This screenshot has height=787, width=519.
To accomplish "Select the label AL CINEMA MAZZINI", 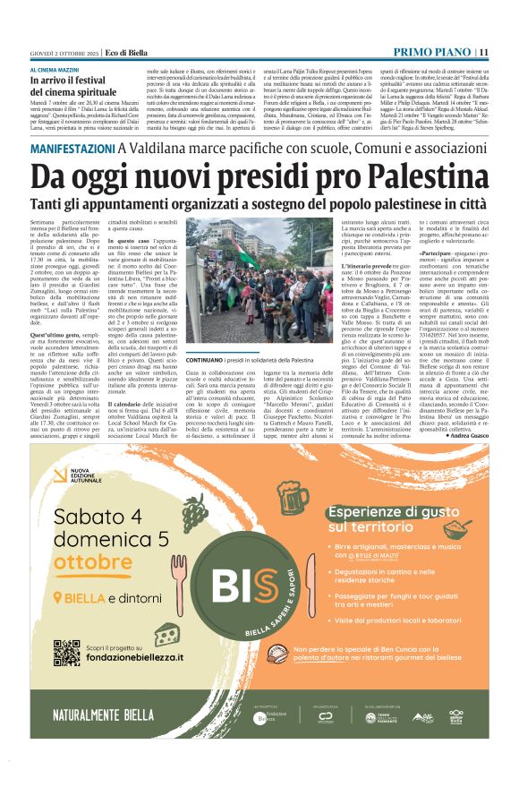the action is coord(59,69).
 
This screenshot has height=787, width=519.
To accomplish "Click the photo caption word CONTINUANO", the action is coord(205,358).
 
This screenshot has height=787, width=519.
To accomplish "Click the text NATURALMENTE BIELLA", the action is coord(89,716).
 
